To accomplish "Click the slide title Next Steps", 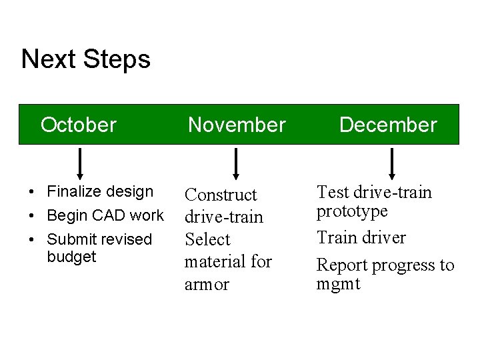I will coord(85,59).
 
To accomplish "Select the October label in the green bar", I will coord(79,125).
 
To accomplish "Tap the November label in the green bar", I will coord(237,125).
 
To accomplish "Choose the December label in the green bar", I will coord(388,125).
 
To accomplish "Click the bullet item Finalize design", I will coord(100,192).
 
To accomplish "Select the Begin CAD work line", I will coord(105,215).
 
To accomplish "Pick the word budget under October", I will coord(71,257).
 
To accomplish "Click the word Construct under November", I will coord(221,195).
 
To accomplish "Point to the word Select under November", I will coord(207,239).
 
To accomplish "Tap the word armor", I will coord(207,284).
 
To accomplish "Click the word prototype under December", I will coord(351,211).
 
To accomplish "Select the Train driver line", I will coord(361,237).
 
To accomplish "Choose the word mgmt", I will coord(338,284).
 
